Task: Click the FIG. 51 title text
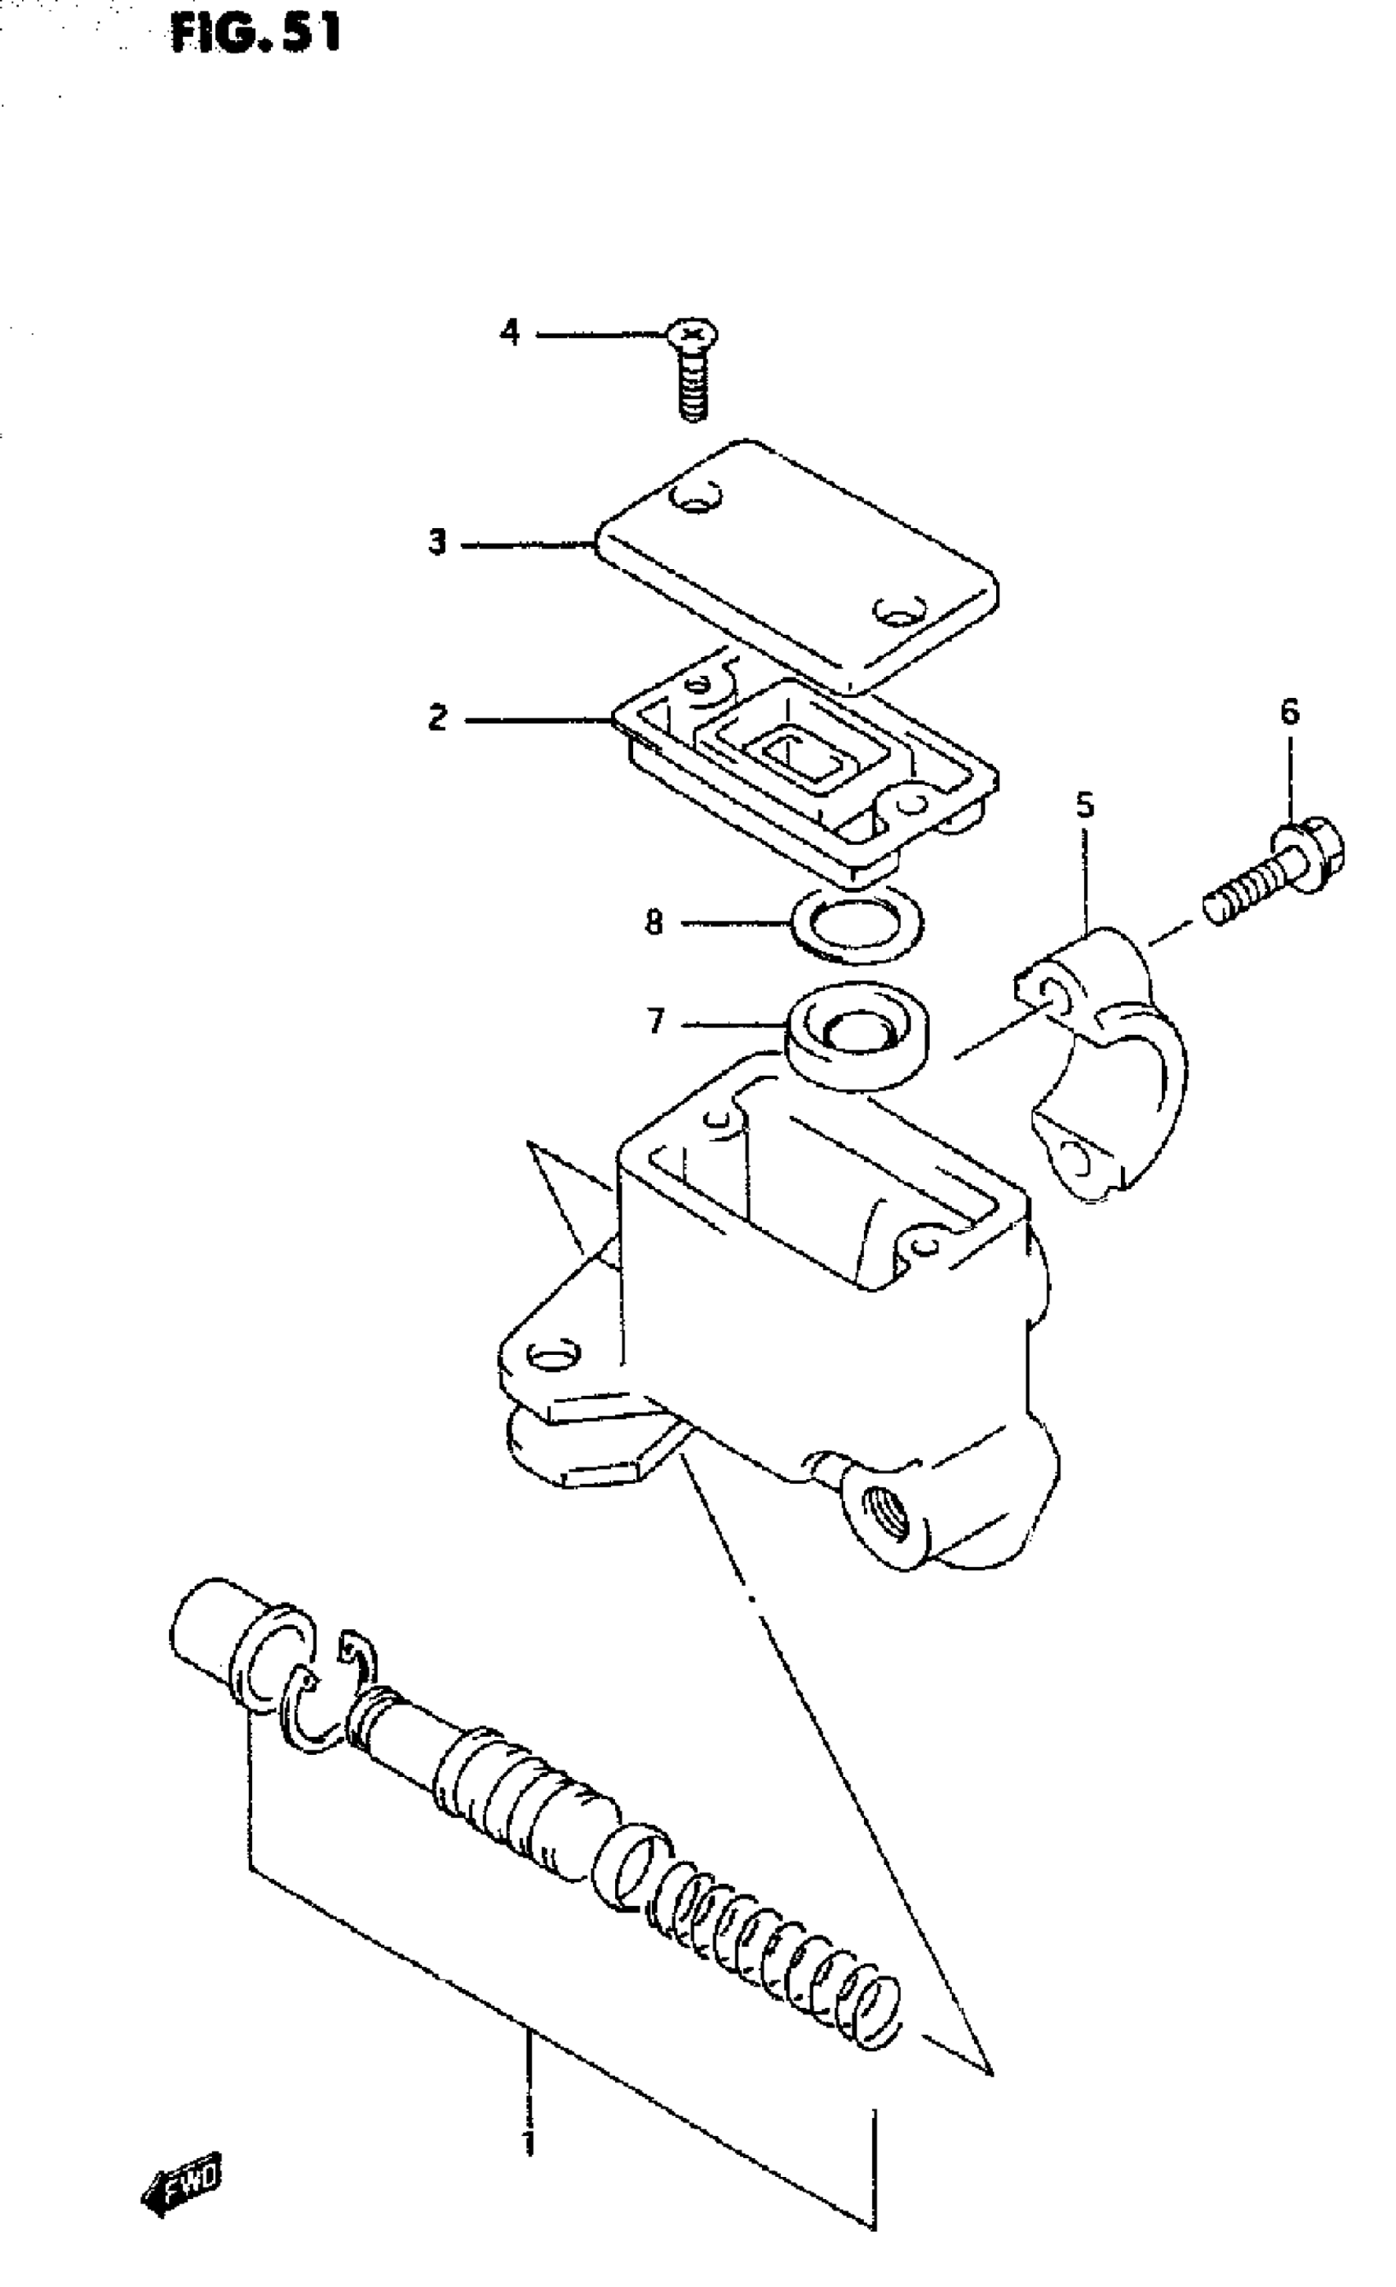256,34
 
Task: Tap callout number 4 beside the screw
510,332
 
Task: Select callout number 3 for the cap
437,542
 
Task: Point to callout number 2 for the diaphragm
437,718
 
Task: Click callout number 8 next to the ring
654,922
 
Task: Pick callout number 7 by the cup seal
656,1022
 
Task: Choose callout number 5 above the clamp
1085,805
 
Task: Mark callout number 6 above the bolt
1289,712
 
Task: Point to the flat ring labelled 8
856,925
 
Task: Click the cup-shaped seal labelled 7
859,1034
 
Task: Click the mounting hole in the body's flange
553,1356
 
